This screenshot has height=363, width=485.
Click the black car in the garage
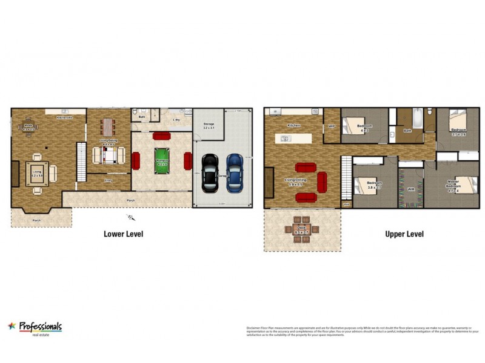tap(210, 171)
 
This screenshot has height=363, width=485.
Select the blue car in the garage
tap(235, 171)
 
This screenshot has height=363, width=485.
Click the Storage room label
tap(209, 126)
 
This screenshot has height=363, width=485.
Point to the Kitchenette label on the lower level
tap(64, 117)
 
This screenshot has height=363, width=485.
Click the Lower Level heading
tap(123, 234)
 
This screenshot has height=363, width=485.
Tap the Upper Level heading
tap(404, 234)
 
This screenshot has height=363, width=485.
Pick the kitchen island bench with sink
tap(293, 139)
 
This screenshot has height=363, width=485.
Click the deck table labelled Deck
tap(301, 229)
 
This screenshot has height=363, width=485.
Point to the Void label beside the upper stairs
tap(346, 204)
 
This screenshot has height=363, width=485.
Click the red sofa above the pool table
tap(162, 136)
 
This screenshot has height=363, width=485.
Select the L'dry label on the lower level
tap(176, 120)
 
